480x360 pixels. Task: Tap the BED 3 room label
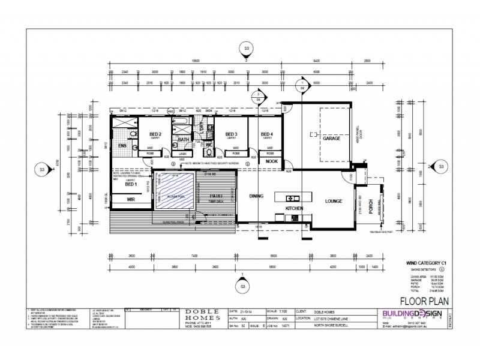coord(232,134)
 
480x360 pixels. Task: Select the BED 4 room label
coord(267,134)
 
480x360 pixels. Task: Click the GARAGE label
coord(332,139)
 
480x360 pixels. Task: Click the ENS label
coord(122,146)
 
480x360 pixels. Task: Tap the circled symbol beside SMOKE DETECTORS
coord(442,269)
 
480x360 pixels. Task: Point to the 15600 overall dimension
coord(195,61)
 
